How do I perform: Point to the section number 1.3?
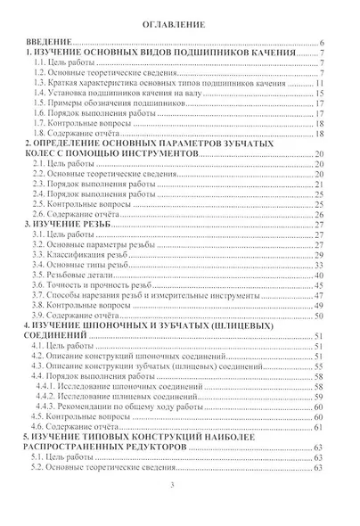pyautogui.click(x=41, y=83)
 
